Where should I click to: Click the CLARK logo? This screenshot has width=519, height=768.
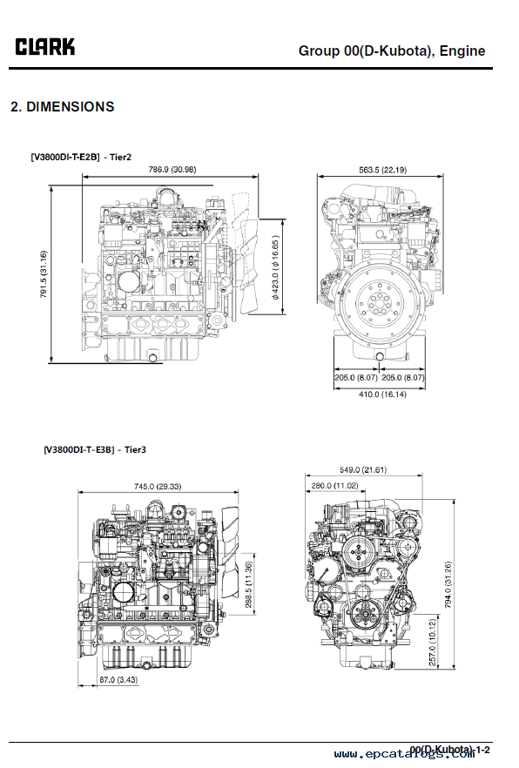click(45, 47)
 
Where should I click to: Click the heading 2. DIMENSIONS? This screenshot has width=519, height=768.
click(63, 107)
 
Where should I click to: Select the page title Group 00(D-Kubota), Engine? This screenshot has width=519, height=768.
click(392, 51)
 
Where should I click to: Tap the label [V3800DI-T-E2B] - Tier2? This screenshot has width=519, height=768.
click(81, 158)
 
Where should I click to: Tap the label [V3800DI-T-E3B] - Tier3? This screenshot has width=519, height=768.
click(95, 449)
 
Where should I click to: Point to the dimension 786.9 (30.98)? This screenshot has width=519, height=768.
click(172, 170)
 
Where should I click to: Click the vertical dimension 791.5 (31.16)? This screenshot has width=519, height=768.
click(44, 274)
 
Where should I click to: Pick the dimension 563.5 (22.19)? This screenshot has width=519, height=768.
click(382, 170)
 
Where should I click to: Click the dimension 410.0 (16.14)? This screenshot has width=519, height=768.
click(382, 394)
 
